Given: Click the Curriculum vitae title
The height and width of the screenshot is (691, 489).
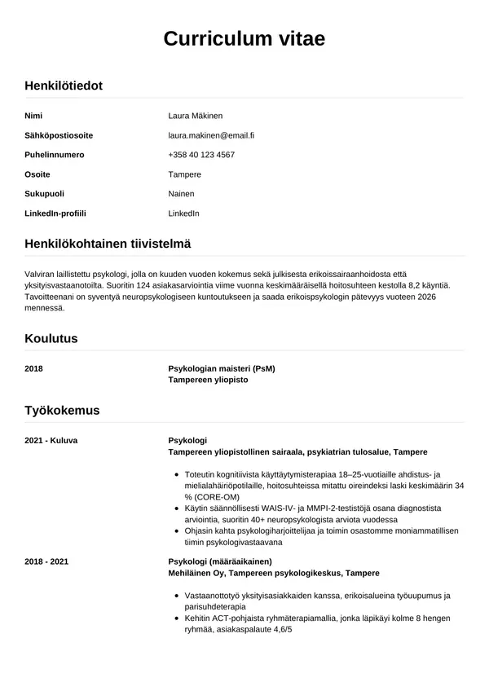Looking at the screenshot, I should tap(244, 38).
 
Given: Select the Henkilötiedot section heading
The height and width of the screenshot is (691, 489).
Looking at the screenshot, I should tap(64, 85).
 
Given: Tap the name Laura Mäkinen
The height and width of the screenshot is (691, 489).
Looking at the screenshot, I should tap(195, 116).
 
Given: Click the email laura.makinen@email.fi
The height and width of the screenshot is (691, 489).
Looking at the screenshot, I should tap(211, 135).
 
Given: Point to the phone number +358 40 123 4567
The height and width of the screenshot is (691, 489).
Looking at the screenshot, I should tap(201, 155).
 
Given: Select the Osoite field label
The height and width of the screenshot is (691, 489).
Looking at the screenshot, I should tap(37, 174).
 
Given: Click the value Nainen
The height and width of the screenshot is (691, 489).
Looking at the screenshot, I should tap(181, 194).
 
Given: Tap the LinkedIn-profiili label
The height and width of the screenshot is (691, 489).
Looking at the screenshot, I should tap(55, 213).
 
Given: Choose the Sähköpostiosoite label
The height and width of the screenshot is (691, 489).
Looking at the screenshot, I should tap(59, 135).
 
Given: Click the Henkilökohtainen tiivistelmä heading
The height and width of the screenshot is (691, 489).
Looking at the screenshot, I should tap(108, 244).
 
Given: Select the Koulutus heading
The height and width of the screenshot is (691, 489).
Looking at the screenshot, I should tap(51, 338).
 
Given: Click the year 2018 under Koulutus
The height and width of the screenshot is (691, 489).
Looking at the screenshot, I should tap(33, 368).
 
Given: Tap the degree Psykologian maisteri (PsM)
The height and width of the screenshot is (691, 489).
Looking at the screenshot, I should tap(222, 368).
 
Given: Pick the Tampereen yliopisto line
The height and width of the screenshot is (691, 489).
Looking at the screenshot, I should tap(208, 380).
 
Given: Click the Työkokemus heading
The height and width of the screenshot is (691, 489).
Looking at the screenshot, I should tap(62, 410).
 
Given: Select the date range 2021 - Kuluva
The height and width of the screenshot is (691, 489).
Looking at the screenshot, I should tap(51, 440).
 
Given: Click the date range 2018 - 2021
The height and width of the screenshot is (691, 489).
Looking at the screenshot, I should tap(46, 561).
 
